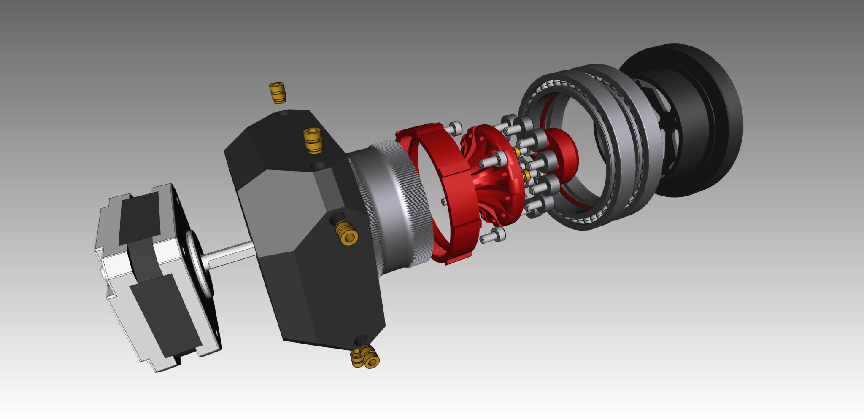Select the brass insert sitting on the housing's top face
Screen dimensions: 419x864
point(313,141)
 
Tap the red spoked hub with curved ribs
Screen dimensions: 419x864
point(494,177)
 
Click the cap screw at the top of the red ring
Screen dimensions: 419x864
point(455,127)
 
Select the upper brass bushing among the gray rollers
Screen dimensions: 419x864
point(517,151)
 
